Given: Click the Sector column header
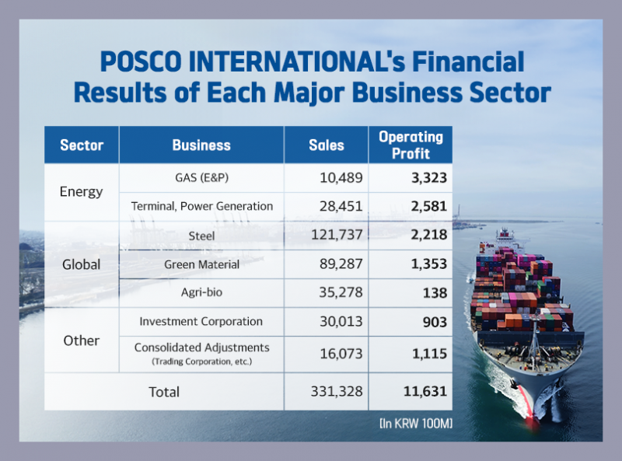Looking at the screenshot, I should pos(82,145).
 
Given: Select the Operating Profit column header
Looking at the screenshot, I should pos(411,145).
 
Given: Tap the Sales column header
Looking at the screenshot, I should pos(327,145).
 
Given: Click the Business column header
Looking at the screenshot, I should pos(201,145).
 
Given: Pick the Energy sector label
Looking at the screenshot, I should pos(82,191).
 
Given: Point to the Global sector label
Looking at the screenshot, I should pos(82,264).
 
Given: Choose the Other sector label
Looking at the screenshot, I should pos(82,341).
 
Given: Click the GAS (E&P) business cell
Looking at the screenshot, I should pos(201,177).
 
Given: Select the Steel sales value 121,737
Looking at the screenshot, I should pos(333,236).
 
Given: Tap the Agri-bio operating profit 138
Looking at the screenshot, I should pos(435,293).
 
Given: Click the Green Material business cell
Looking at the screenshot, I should pos(201,264).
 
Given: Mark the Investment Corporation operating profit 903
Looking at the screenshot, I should pos(434,322).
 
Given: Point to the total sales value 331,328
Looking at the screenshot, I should pos(332,392).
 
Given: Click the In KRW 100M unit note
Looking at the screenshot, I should pos(415,424).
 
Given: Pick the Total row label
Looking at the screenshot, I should pos(164,392).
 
